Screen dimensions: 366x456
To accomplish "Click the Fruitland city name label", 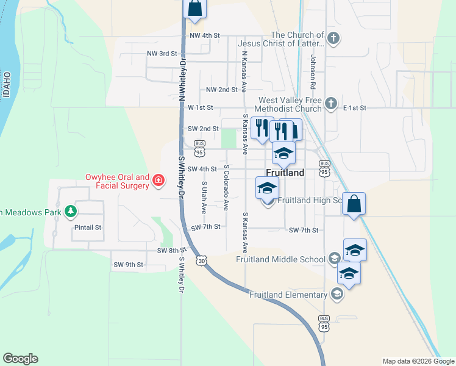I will (x=285, y=173).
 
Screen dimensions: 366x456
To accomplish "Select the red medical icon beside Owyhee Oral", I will (x=159, y=179).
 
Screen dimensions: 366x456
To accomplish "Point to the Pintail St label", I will (x=87, y=228).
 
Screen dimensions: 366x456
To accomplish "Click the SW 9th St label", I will (x=128, y=265).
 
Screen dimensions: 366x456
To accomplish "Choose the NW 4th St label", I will (x=204, y=35).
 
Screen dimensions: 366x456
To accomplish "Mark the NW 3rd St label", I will (x=162, y=54).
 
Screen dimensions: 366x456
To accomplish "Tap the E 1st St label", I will (x=354, y=107).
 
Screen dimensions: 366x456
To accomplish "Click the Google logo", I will (x=20, y=359).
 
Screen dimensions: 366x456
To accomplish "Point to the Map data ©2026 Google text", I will (x=418, y=361).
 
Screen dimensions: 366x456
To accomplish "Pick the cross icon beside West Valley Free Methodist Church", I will (x=331, y=102).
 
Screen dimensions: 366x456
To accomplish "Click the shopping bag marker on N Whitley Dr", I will (x=194, y=9).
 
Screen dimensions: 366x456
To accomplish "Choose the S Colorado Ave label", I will (x=226, y=187).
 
